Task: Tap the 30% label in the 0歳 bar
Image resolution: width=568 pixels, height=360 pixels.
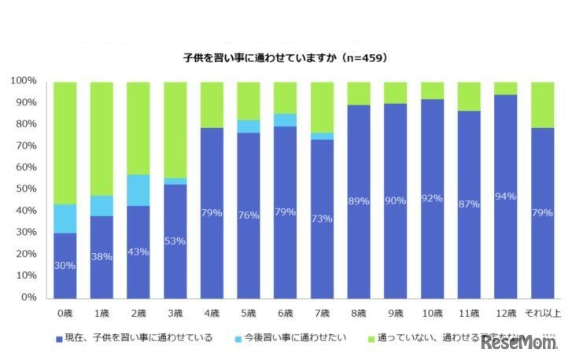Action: click(65, 266)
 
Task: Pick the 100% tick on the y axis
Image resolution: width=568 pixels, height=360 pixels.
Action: click(24, 81)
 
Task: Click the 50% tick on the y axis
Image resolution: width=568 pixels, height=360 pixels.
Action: click(26, 189)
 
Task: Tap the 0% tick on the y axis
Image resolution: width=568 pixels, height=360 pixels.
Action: click(29, 298)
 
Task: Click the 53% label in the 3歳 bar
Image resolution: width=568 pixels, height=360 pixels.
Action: click(175, 241)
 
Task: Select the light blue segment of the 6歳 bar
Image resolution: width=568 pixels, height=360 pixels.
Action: click(286, 119)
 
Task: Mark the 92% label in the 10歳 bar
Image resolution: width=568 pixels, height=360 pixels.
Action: click(432, 199)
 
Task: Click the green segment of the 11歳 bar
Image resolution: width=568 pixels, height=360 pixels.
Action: click(469, 96)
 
